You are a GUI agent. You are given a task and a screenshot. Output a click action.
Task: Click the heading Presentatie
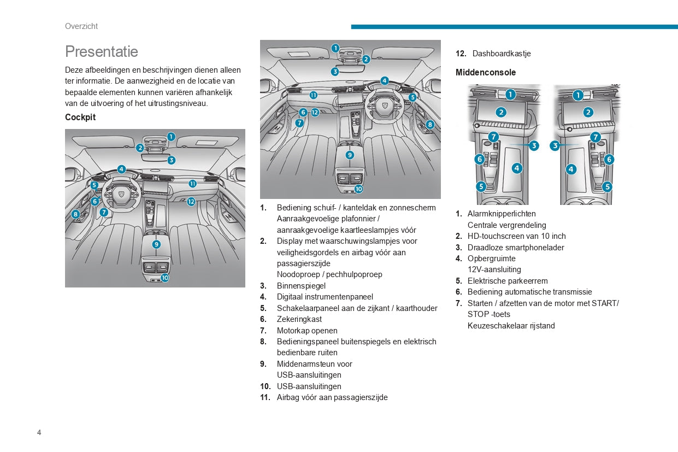pos(102,51)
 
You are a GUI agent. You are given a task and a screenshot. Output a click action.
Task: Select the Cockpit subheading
pos(80,117)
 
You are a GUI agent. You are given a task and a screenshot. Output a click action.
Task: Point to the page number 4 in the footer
pos(39,432)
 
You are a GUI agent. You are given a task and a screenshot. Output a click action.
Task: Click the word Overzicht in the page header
pos(81,26)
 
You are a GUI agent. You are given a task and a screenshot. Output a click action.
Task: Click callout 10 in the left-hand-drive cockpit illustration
pos(164,278)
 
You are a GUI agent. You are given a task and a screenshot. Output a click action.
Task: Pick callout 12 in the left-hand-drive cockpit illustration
pos(191,202)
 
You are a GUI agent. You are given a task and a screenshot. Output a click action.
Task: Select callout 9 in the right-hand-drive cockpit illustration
pos(350,155)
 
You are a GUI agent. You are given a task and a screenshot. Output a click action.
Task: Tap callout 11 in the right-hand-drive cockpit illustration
pos(314,95)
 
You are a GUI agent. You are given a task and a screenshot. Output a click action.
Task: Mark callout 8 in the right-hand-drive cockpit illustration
pos(430,125)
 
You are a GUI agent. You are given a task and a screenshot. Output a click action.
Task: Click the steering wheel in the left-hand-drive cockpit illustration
pos(121,193)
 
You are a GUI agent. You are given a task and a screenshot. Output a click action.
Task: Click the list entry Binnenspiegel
pos(301,286)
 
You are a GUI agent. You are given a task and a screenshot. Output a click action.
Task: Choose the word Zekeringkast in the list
pos(299,319)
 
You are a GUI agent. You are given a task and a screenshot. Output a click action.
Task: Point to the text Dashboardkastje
pos(502,54)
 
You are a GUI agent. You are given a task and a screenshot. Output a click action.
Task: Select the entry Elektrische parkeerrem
pos(508,281)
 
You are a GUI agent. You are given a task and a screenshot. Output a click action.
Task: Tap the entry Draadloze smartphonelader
pos(516,248)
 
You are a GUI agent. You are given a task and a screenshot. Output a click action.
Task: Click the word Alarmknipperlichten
pos(502,214)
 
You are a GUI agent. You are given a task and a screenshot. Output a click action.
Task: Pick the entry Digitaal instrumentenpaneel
pos(325,297)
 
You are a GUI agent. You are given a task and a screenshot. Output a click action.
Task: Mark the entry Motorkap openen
pos(307,331)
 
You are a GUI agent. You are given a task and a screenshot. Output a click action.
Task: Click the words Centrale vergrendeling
pos(506,225)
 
